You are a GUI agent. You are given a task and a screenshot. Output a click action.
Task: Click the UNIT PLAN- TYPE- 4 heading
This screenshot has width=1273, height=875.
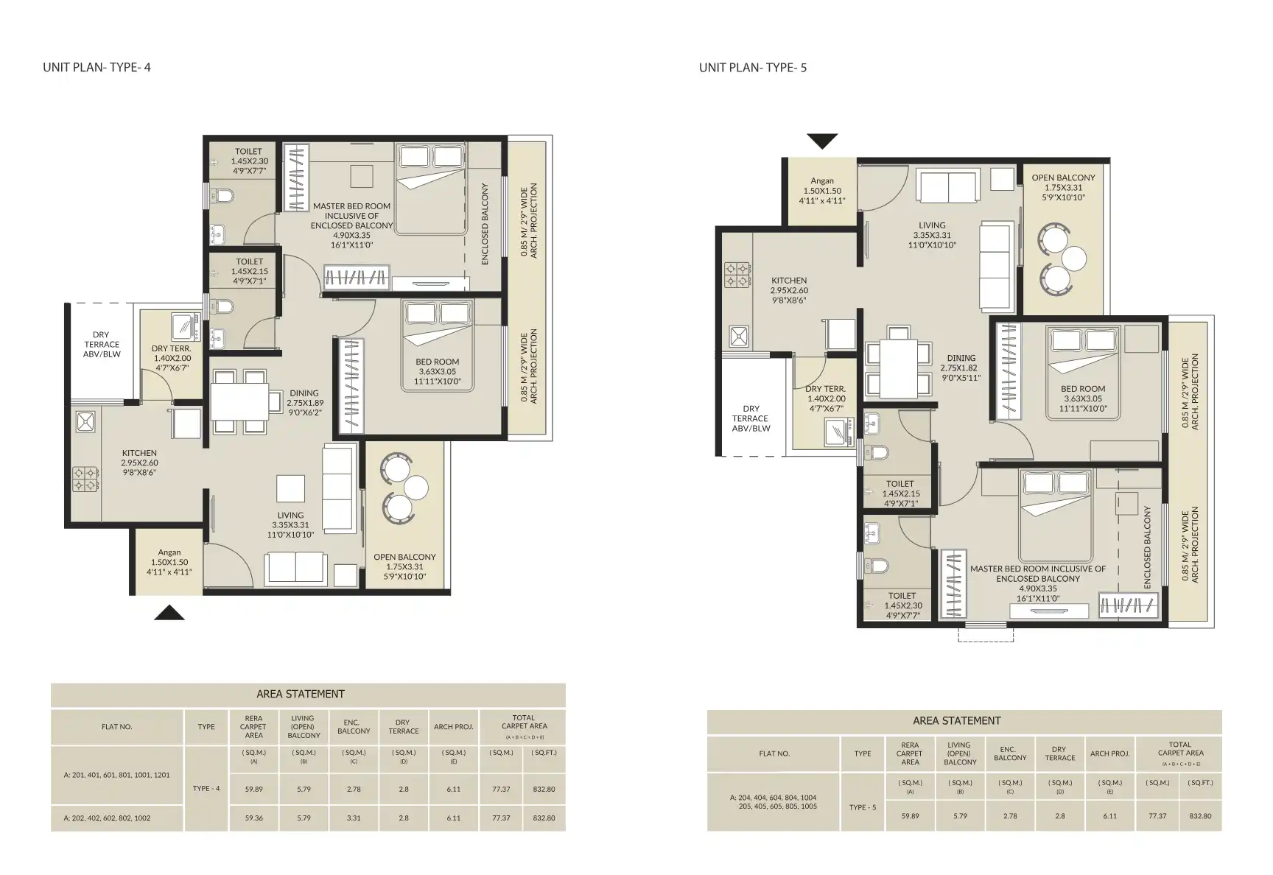(97, 68)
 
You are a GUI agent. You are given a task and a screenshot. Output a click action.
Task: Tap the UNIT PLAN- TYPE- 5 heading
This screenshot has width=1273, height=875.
(753, 68)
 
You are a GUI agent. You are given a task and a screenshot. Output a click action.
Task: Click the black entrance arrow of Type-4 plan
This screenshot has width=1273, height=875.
(169, 613)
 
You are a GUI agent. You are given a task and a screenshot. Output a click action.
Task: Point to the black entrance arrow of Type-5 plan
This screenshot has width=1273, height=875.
(822, 141)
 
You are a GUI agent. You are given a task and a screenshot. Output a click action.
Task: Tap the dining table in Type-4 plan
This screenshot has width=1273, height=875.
(240, 401)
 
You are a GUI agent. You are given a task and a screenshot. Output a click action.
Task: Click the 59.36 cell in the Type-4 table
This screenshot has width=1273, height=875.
(253, 818)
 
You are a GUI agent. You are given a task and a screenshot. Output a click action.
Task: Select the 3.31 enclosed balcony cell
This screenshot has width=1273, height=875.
(354, 818)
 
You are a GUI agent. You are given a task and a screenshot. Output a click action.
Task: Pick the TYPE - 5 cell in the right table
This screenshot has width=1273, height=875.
(862, 807)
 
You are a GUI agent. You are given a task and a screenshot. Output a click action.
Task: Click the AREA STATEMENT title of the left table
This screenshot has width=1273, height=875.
(300, 694)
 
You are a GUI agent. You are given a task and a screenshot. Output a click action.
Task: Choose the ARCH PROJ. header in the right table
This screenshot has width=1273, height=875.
(1109, 753)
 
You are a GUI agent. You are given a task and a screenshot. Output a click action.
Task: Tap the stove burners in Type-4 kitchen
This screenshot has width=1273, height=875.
(86, 479)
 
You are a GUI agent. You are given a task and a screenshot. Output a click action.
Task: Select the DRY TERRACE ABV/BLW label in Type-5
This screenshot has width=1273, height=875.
(751, 418)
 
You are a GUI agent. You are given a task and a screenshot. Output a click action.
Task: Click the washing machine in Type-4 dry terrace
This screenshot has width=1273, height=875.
(182, 325)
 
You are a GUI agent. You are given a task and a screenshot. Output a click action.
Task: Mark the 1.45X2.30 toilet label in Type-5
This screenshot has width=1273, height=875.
(902, 605)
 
